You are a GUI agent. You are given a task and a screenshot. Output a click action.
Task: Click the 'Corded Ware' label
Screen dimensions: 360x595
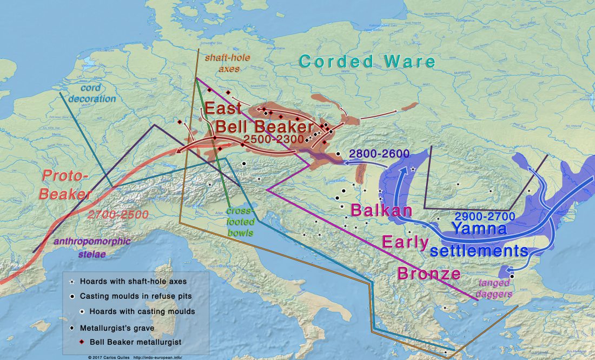coord(367,61)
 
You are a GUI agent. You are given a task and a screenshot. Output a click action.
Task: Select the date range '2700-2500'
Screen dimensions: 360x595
coord(117,214)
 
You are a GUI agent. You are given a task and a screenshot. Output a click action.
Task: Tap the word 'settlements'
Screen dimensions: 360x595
coord(479,251)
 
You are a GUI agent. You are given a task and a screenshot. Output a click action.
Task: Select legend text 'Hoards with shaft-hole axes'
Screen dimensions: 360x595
coord(133,282)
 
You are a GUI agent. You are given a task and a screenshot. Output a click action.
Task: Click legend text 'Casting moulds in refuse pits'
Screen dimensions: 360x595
coord(135,296)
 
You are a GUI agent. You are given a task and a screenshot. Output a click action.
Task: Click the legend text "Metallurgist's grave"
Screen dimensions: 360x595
coord(118,328)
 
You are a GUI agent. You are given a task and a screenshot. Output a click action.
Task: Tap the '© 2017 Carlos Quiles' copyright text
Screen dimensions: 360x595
coord(108,357)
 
